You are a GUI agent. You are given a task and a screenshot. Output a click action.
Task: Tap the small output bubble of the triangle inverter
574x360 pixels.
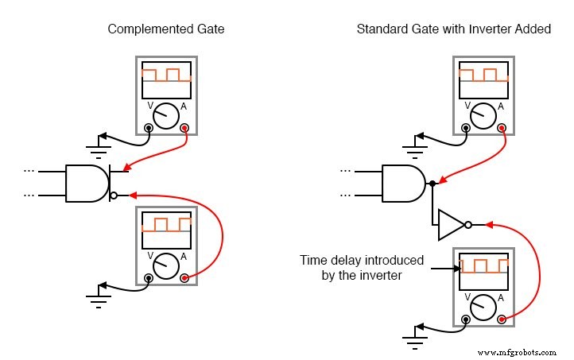(x=469, y=225)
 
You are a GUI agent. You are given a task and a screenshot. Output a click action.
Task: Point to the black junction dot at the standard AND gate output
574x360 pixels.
(x=432, y=184)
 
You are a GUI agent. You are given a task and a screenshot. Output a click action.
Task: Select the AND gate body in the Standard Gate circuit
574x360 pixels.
(x=404, y=184)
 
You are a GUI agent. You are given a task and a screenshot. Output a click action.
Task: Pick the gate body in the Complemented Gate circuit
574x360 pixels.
(x=86, y=184)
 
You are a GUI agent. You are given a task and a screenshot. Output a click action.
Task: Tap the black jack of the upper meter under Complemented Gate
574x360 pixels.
(x=149, y=128)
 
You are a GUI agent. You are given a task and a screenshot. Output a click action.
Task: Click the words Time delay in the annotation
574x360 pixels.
(x=327, y=260)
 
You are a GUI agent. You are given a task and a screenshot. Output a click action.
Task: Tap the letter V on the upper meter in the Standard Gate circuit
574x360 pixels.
(x=467, y=106)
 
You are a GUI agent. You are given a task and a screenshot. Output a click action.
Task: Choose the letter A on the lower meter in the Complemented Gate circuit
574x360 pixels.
(x=184, y=256)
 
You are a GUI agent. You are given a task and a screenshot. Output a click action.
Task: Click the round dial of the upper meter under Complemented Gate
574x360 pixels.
(x=166, y=116)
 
